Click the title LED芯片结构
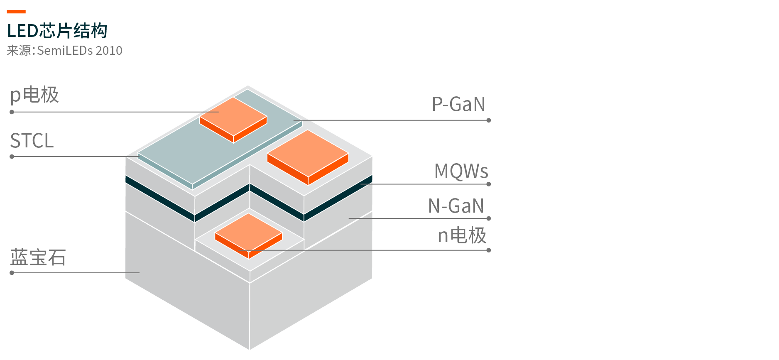point(57,31)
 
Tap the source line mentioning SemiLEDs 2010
point(65,51)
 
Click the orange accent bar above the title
point(16,12)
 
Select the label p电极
point(34,95)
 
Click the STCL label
point(32,141)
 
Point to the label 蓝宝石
point(38,257)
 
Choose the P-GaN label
point(458,104)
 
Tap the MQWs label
point(461,171)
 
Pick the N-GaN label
point(456,206)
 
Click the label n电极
point(462,235)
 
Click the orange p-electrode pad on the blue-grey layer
point(233,120)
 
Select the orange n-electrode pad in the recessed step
point(249,236)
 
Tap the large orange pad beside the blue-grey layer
point(308,157)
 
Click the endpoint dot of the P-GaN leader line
point(489,120)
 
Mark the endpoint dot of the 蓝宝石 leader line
point(12,273)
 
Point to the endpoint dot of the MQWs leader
point(489,184)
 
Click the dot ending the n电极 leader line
point(489,250)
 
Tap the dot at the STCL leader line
point(12,157)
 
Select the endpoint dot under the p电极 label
point(12,112)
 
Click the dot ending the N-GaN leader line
point(489,218)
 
